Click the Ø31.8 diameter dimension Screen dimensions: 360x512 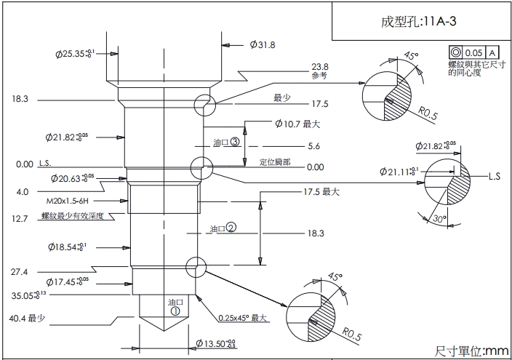click(x=263, y=45)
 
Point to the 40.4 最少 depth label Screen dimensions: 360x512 click(x=28, y=318)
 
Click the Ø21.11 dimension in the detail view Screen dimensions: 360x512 click(x=399, y=172)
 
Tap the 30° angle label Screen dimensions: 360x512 click(x=436, y=219)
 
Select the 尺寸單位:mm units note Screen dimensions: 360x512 click(x=471, y=351)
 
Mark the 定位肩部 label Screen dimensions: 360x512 click(x=275, y=161)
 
